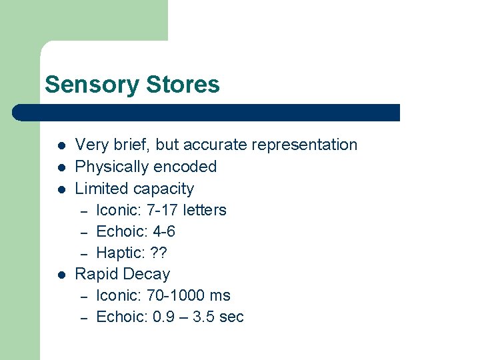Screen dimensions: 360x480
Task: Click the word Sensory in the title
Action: pos(84,85)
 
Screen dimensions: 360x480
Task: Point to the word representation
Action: pos(304,145)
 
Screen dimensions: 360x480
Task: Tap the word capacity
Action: pos(163,189)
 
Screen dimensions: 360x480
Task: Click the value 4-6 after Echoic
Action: pos(163,231)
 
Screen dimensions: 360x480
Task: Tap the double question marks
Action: pos(159,253)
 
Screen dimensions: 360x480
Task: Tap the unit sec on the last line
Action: pos(231,317)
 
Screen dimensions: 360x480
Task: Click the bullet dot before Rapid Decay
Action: pos(61,275)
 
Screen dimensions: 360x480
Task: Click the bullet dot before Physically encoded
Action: pos(61,167)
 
